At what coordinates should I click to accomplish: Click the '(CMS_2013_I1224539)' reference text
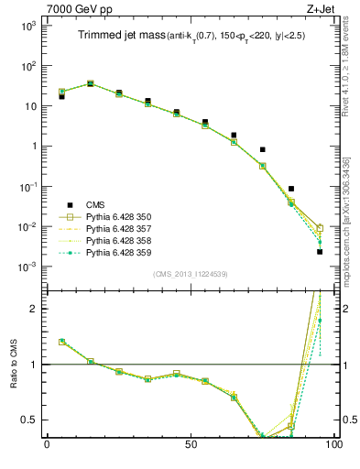pyautogui.click(x=191, y=273)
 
